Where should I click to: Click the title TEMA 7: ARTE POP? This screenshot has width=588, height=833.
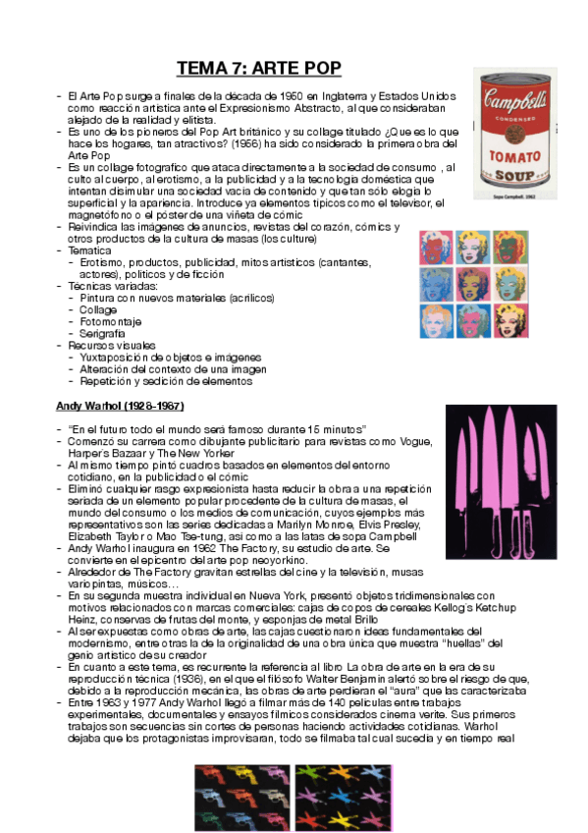258,68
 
